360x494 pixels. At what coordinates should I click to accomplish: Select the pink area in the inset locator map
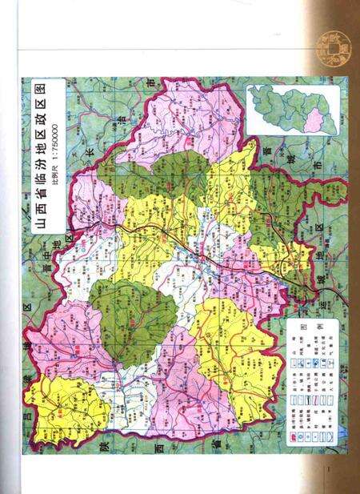coord(314,120)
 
